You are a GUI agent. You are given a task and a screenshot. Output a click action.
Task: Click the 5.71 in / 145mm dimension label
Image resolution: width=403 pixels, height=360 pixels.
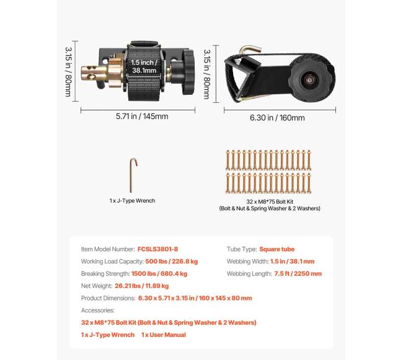[x=141, y=116]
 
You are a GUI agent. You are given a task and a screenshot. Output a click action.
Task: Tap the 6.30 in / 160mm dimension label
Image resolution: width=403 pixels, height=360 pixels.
[x=277, y=117]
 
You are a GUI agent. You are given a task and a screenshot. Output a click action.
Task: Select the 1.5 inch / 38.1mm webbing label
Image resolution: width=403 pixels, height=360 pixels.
[x=148, y=66]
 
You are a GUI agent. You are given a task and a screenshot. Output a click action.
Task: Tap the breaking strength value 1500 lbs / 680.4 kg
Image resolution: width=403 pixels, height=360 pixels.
[x=159, y=273]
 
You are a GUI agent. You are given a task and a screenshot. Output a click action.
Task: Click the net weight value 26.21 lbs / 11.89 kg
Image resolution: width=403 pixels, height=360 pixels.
[x=141, y=286]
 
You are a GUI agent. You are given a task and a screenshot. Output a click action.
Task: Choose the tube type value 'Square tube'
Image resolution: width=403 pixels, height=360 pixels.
[x=277, y=248]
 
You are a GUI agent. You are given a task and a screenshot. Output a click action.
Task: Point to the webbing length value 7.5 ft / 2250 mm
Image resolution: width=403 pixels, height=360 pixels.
[x=299, y=273]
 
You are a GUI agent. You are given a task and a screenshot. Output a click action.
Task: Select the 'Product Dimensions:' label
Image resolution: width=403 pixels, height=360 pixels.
[x=105, y=298]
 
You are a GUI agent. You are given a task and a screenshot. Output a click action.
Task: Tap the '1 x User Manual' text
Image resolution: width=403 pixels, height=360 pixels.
[x=163, y=335]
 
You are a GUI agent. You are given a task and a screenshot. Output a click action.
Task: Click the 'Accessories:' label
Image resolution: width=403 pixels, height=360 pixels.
[x=98, y=310]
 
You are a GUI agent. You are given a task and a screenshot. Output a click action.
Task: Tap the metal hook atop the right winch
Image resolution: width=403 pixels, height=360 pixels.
[x=249, y=48]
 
